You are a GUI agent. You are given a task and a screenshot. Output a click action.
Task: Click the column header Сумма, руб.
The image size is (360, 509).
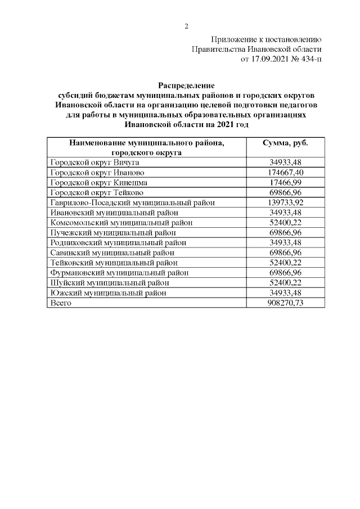click(x=286, y=143)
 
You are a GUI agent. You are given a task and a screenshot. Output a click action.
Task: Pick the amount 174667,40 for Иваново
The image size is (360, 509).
click(x=286, y=172)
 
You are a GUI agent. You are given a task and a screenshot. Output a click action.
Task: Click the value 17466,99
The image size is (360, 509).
click(x=286, y=182)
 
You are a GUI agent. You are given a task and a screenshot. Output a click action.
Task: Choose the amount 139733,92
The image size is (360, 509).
click(x=286, y=202)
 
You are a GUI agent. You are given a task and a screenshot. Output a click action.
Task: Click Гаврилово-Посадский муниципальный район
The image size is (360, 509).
click(x=132, y=202)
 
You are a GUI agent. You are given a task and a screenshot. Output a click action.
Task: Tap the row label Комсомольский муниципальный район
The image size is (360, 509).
click(x=121, y=223)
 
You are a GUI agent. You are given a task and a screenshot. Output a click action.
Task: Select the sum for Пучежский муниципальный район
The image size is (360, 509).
click(x=286, y=232)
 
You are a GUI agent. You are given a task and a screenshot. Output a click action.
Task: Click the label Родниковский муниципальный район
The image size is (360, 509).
click(x=118, y=242)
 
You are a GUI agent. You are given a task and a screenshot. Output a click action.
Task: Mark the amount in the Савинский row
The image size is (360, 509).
click(x=286, y=253)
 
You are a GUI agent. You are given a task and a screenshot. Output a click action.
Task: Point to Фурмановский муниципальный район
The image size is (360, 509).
click(x=119, y=273)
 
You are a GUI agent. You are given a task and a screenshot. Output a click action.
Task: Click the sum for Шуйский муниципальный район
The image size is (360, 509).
click(x=286, y=283)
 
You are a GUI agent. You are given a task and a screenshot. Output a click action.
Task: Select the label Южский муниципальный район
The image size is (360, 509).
click(x=109, y=293)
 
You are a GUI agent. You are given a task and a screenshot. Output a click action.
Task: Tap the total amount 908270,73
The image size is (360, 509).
click(x=286, y=303)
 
